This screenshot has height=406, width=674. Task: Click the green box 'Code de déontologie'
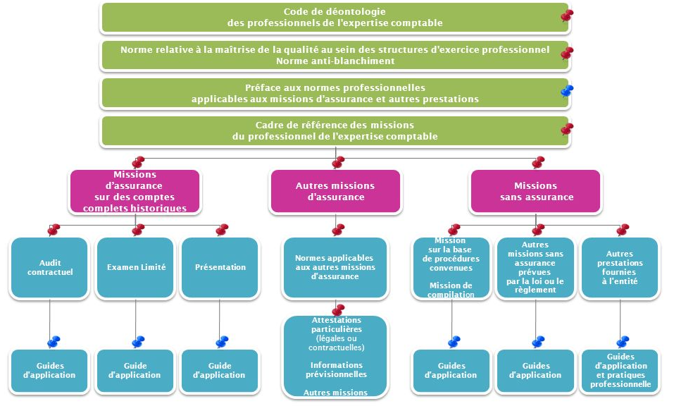pyautogui.click(x=335, y=18)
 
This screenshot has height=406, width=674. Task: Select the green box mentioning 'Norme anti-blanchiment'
pyautogui.click(x=335, y=56)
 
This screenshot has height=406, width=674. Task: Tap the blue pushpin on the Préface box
pyautogui.click(x=566, y=91)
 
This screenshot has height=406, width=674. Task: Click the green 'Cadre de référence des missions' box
pyautogui.click(x=335, y=131)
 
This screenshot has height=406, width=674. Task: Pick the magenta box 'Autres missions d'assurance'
pyautogui.click(x=335, y=191)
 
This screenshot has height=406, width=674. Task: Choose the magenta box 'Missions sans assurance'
pyautogui.click(x=536, y=191)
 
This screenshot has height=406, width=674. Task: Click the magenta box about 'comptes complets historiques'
pyautogui.click(x=135, y=191)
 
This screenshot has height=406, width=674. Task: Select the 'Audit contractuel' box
pyautogui.click(x=50, y=267)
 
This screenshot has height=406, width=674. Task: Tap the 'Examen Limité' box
pyautogui.click(x=135, y=267)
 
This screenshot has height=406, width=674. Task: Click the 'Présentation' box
pyautogui.click(x=220, y=267)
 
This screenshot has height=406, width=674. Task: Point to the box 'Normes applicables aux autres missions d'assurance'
pyautogui.click(x=335, y=267)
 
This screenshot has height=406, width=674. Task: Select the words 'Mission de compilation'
pyautogui.click(x=451, y=290)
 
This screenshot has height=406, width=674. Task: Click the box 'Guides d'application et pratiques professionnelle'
pyautogui.click(x=619, y=371)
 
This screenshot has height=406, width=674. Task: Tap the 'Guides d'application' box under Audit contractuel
pyautogui.click(x=50, y=371)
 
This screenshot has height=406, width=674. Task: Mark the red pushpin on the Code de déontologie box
pyautogui.click(x=566, y=15)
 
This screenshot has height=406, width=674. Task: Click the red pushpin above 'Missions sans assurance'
pyautogui.click(x=538, y=162)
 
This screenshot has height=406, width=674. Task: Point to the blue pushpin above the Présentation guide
pyautogui.click(x=222, y=342)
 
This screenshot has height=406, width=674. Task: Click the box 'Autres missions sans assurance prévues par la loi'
pyautogui.click(x=535, y=267)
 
